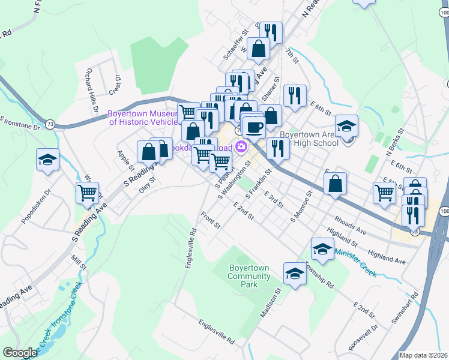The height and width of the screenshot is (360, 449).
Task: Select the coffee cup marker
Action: click(255, 127)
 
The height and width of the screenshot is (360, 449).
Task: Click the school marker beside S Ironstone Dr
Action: click(48, 160)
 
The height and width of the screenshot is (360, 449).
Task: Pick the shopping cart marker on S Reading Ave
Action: click(88, 193)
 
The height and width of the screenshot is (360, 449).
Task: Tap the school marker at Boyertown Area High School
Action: click(346, 126)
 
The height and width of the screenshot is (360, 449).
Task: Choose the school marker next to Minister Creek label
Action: click(322, 249)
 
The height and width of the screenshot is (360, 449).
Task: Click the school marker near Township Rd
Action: click(295, 274)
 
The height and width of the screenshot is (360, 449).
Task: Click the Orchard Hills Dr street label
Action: click(92, 85)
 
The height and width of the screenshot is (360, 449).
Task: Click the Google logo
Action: click(20, 353)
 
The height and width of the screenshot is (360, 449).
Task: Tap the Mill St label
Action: click(78, 262)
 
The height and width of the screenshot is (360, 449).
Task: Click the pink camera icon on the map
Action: click(241, 146)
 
